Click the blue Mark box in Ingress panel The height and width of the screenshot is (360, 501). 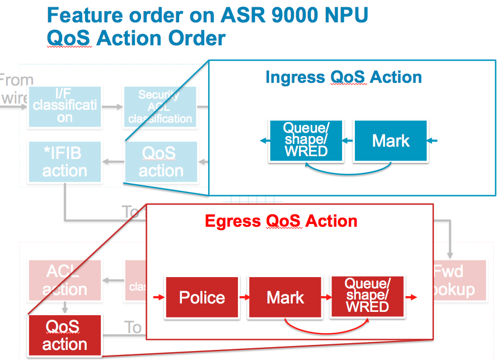390,141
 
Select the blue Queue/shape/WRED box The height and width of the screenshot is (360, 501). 305,141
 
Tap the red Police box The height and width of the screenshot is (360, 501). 202,297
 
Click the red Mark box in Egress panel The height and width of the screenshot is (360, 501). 285,297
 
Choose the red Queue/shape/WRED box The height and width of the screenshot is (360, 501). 367,296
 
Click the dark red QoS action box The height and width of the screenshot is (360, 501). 64,335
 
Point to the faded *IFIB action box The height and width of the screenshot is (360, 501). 64,161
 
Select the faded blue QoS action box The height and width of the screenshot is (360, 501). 161,162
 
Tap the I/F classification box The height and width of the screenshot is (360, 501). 64,106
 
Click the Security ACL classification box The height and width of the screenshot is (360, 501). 160,106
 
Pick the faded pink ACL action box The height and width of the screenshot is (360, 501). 64,280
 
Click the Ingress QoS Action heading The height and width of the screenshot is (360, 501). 343,77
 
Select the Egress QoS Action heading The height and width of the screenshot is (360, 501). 281,221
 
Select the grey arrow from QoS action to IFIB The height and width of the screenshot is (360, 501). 114,162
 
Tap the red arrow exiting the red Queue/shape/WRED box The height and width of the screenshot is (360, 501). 413,297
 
